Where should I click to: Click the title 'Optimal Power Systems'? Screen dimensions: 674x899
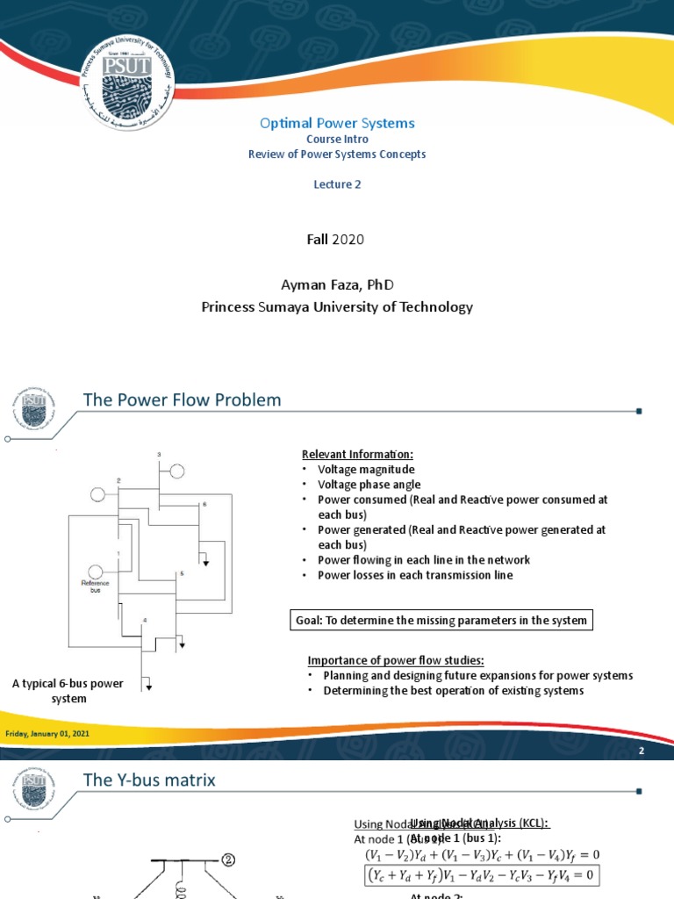coord(337,124)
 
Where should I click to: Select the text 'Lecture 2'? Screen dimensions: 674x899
coord(337,184)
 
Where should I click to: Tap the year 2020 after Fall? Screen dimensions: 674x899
coord(348,239)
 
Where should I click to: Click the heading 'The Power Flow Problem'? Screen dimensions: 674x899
coord(183,400)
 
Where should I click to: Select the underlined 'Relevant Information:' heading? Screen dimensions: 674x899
coord(357,454)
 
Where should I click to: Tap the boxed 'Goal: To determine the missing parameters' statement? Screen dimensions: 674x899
coord(441,621)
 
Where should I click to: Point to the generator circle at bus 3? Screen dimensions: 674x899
coord(177,471)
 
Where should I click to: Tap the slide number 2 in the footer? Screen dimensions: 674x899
coord(642,752)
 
